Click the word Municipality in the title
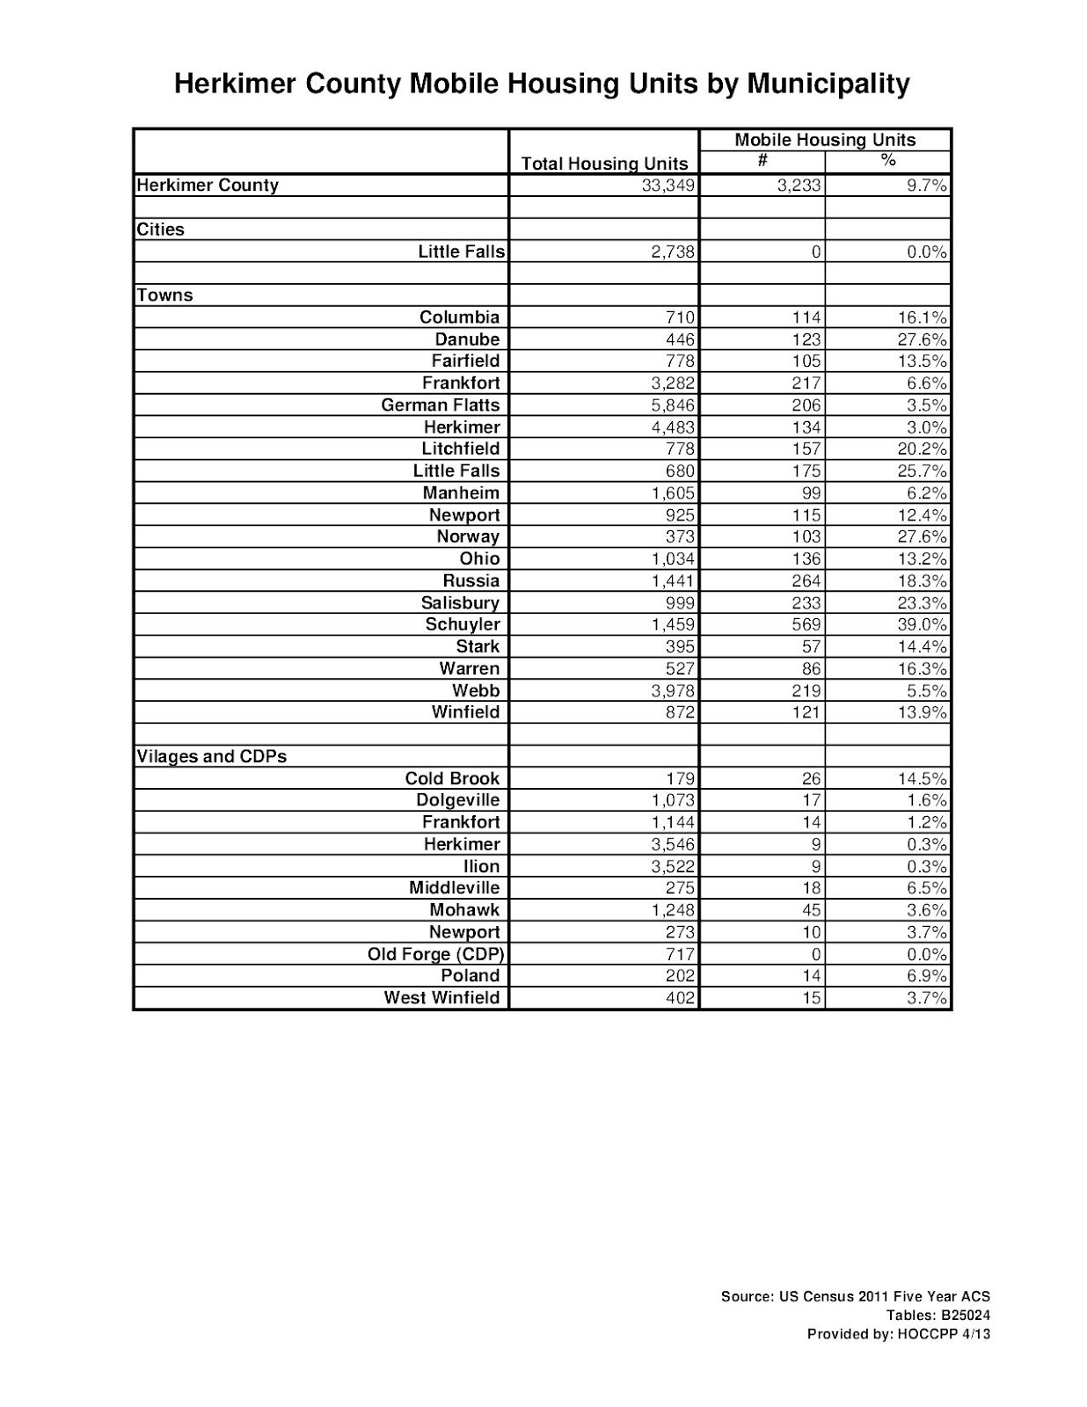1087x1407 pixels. [x=828, y=84]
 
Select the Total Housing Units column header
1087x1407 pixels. [x=604, y=164]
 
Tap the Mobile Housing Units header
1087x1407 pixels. [x=824, y=140]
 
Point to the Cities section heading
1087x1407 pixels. [x=161, y=230]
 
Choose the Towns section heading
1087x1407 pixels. [x=165, y=295]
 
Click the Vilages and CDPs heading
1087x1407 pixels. [x=212, y=756]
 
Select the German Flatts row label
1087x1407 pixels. [x=440, y=405]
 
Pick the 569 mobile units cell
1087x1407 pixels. [x=806, y=624]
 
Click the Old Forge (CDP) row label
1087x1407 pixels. [x=435, y=954]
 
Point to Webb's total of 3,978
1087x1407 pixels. [x=673, y=690]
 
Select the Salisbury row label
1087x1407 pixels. [x=460, y=603]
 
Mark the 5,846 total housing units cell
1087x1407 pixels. [x=673, y=405]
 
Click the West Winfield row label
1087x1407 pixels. [x=441, y=998]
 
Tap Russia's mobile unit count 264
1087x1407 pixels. [x=806, y=581]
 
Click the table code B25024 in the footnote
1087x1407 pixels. [x=961, y=1316]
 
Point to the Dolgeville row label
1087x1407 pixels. [x=457, y=800]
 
